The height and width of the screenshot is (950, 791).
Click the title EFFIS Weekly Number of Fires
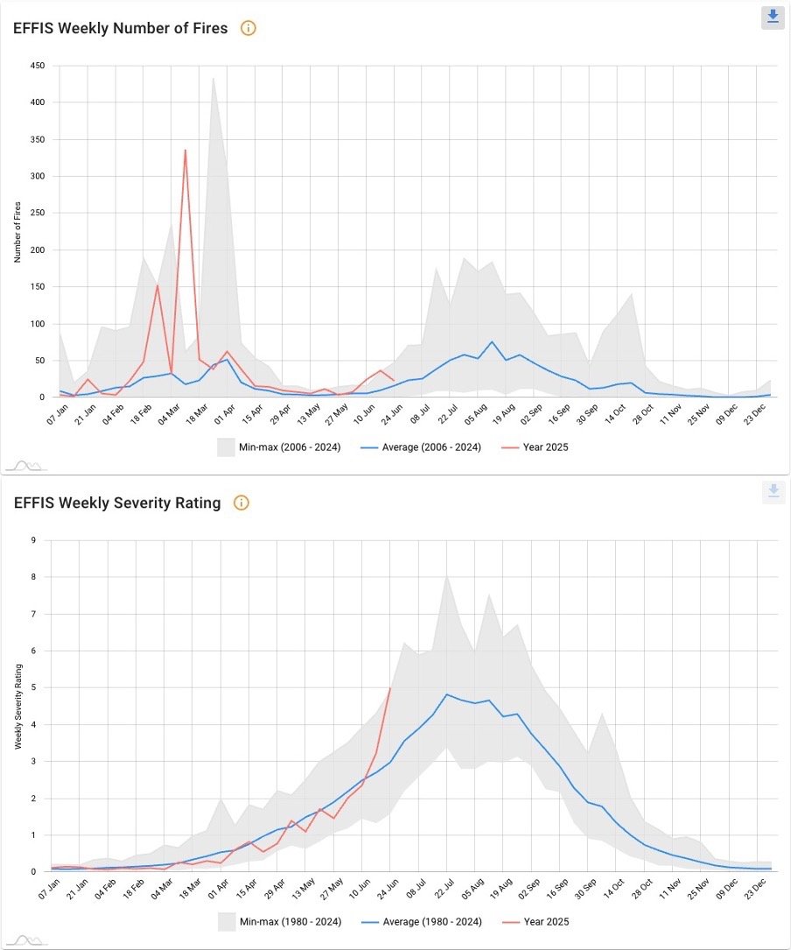pyautogui.click(x=120, y=28)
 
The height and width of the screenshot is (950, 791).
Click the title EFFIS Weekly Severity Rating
pyautogui.click(x=116, y=503)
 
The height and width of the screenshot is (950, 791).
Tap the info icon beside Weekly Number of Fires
pyautogui.click(x=248, y=28)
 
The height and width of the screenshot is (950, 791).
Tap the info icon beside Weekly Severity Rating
pyautogui.click(x=241, y=503)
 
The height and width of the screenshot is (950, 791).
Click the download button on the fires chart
pyautogui.click(x=773, y=17)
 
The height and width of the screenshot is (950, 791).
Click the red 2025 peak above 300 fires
pyautogui.click(x=185, y=150)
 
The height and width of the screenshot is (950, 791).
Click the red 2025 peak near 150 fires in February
pyautogui.click(x=157, y=285)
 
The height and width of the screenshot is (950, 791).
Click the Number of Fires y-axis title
pyautogui.click(x=17, y=231)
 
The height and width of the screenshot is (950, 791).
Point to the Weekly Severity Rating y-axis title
pyautogui.click(x=17, y=706)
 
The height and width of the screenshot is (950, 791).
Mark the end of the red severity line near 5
pyautogui.click(x=389, y=689)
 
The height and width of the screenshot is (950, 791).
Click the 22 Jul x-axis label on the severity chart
pyautogui.click(x=445, y=888)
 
